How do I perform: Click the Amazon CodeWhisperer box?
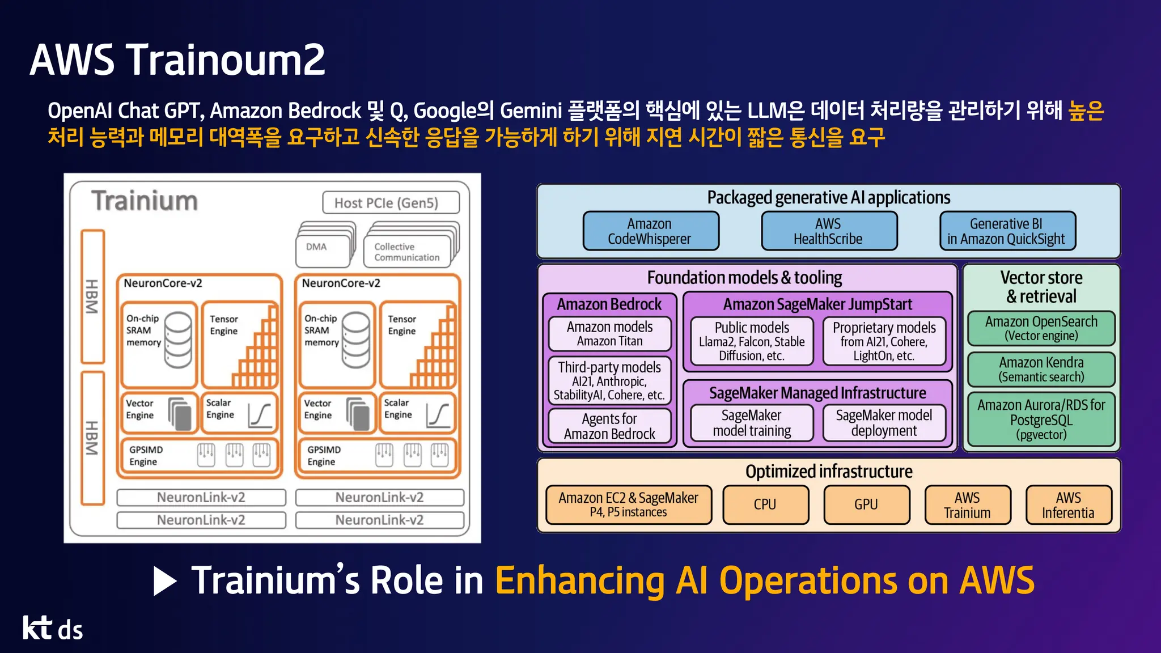tap(650, 231)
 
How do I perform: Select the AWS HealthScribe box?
tap(828, 231)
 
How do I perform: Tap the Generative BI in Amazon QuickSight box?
tap(1007, 231)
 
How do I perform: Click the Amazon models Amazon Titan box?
tap(609, 334)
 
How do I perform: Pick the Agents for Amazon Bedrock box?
tap(609, 426)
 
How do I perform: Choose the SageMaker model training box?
tap(752, 423)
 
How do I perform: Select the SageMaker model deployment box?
tap(884, 423)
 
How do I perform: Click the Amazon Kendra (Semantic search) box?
tap(1041, 370)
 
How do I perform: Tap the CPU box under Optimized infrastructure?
tap(765, 504)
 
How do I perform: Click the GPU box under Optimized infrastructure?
tap(866, 504)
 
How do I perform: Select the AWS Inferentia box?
tap(1069, 505)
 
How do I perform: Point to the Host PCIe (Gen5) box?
tap(390, 203)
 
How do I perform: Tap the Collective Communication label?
tap(407, 252)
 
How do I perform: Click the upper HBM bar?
tap(92, 296)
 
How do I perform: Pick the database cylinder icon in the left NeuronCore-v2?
tap(177, 339)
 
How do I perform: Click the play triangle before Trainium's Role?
tap(165, 582)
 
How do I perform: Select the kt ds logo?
tap(53, 629)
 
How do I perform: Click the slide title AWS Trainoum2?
tap(177, 60)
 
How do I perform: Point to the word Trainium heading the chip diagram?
tap(145, 201)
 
